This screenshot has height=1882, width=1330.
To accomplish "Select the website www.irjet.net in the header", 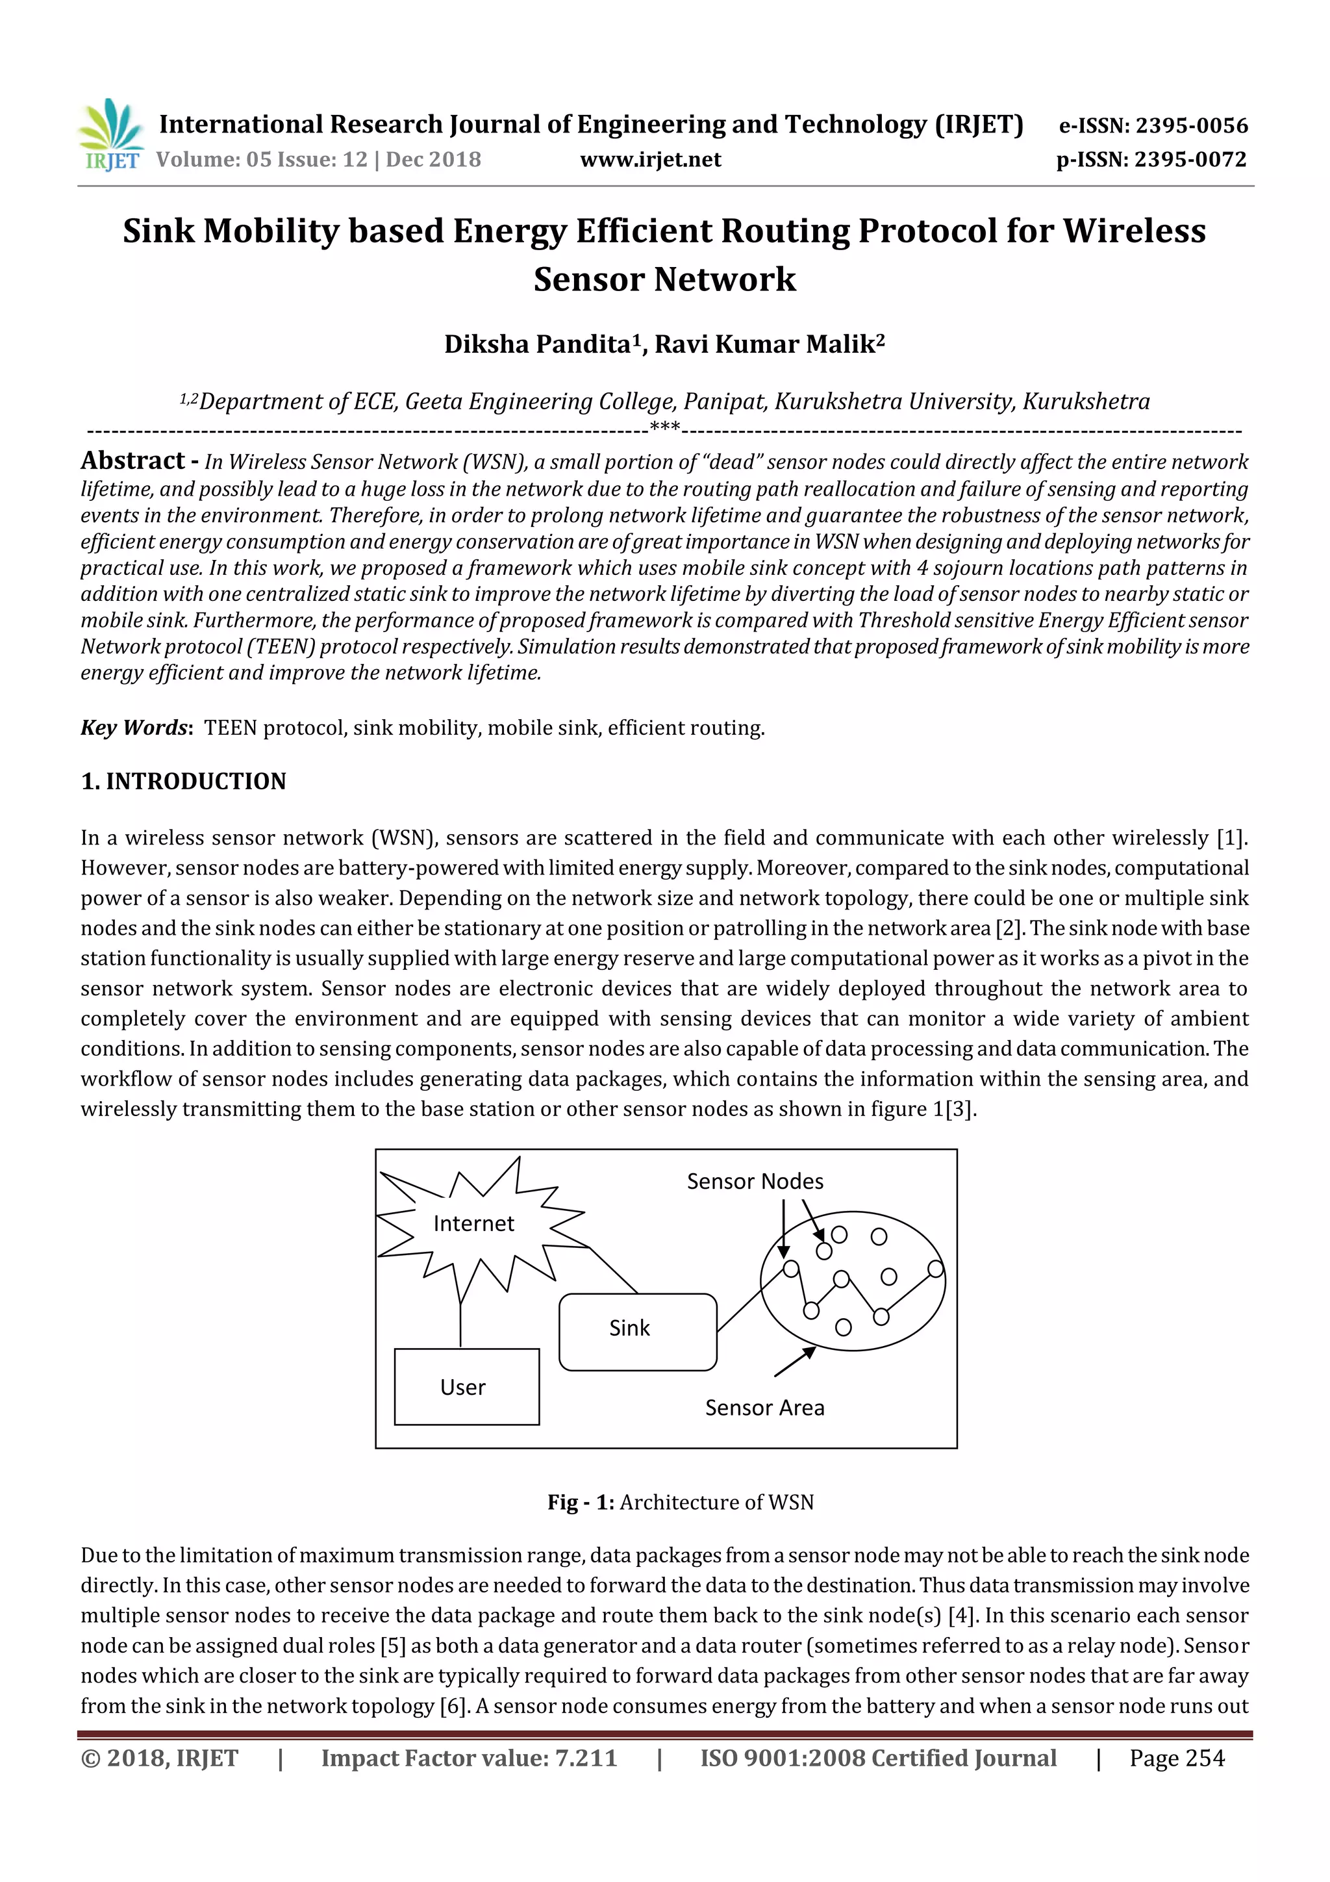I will (x=651, y=160).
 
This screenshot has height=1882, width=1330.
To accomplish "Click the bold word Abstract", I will (x=132, y=461).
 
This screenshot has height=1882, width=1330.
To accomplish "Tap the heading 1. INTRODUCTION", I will (x=184, y=781).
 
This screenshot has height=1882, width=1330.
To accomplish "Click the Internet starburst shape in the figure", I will (x=473, y=1224).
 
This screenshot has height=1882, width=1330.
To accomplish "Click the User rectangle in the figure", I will (x=466, y=1387).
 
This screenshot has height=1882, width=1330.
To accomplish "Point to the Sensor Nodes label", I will (x=755, y=1181).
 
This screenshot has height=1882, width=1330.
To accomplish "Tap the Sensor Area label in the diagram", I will (x=764, y=1407).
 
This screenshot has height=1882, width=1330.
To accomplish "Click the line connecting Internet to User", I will (x=460, y=1321).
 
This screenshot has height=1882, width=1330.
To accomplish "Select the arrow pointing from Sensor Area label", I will (x=794, y=1362).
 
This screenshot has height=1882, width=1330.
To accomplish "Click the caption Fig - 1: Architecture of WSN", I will (x=680, y=1503).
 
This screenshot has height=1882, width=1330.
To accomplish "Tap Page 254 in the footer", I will (x=1176, y=1758).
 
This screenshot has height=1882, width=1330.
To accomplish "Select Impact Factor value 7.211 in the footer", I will (x=469, y=1758).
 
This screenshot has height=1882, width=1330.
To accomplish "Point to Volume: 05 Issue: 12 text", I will (x=262, y=160).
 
